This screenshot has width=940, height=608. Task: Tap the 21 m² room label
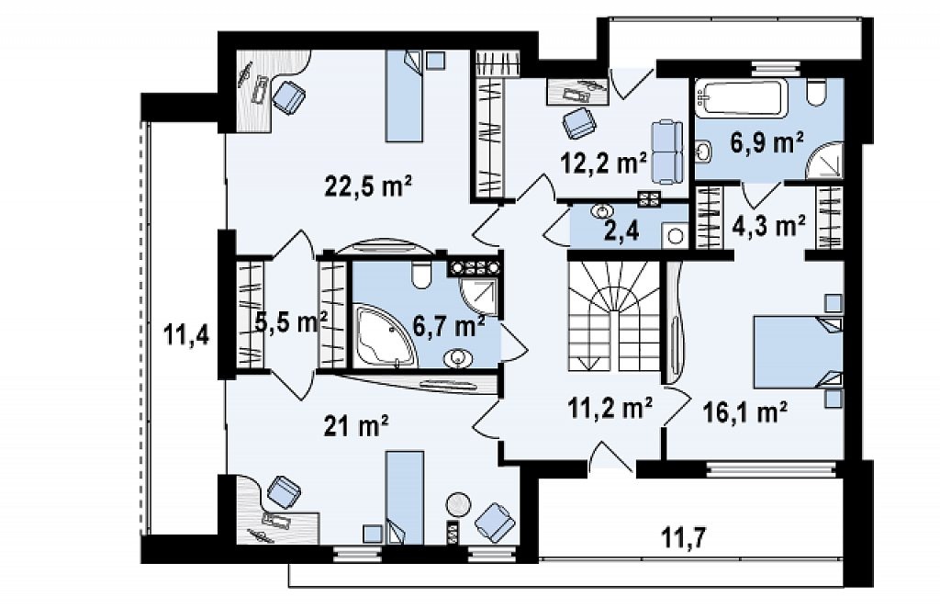tap(356, 426)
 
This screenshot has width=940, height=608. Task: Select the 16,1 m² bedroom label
tap(744, 412)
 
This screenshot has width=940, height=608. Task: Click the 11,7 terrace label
tap(684, 537)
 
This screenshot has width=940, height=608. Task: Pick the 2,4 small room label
tap(618, 231)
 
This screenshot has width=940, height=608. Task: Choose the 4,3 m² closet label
tap(769, 226)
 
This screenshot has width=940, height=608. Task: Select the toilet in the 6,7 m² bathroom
tap(422, 274)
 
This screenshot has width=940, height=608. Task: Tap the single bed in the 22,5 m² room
tap(404, 96)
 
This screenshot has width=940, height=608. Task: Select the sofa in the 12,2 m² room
tap(666, 152)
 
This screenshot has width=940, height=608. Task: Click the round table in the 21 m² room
tap(459, 504)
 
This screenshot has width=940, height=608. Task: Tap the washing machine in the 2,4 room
tap(675, 235)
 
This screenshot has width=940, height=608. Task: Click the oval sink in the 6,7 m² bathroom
tap(458, 358)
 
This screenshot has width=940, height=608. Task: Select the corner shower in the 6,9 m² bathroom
tap(826, 160)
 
